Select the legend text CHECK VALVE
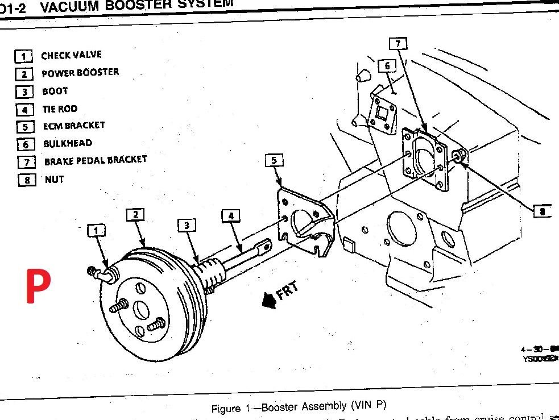point(71,55)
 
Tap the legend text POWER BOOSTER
point(80,73)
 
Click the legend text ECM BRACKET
point(73,126)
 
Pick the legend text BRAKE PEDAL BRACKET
point(95,161)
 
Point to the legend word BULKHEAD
point(67,143)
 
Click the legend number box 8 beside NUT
point(26,180)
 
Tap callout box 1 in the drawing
point(97,230)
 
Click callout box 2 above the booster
point(135,215)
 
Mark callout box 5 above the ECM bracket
point(274,161)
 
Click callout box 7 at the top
point(398,44)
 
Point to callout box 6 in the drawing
point(387,66)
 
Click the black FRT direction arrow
point(268,302)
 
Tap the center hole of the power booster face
point(141,310)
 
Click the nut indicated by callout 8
point(459,155)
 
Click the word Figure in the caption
point(226,409)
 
